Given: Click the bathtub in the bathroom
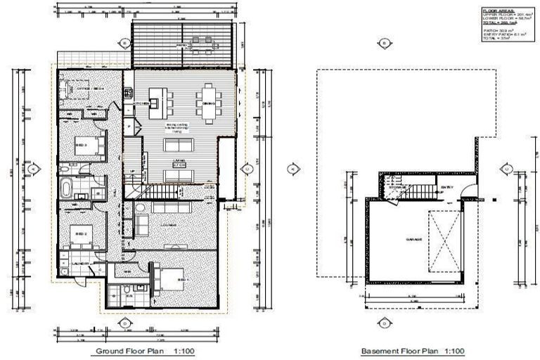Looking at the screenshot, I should tap(66, 188).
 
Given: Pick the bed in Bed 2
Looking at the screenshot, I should tap(82, 233).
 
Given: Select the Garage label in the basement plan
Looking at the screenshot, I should tap(413, 240).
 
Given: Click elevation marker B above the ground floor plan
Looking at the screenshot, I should tap(125, 43).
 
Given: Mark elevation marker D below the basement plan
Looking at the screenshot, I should tap(384, 323).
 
